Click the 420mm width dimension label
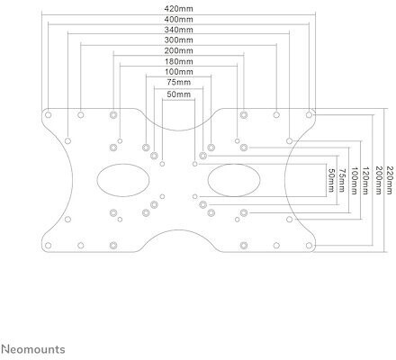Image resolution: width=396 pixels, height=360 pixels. (178, 9)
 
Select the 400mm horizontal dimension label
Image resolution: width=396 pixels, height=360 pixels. (178, 20)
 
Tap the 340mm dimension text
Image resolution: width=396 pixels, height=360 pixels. (178, 30)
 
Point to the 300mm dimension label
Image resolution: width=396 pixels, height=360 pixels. (178, 40)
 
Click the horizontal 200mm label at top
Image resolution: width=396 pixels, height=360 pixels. (178, 50)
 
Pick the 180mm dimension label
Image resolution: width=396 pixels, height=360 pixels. (178, 61)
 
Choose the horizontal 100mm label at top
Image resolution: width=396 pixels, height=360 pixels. (179, 72)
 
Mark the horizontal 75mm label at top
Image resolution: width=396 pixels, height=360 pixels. (179, 82)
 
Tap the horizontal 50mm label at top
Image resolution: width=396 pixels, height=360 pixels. (179, 94)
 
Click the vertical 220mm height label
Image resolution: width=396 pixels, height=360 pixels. (389, 180)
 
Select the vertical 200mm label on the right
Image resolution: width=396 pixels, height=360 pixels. (378, 180)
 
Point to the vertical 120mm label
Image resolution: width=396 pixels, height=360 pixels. (365, 181)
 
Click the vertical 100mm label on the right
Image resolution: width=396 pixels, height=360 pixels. (355, 181)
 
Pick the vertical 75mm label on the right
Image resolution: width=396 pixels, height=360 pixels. (342, 180)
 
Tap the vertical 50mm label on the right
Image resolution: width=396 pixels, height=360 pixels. (331, 180)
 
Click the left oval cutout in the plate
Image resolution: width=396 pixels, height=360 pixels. (97, 180)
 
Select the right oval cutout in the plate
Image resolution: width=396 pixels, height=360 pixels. (208, 180)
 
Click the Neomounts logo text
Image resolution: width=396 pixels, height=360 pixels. (33, 349)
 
